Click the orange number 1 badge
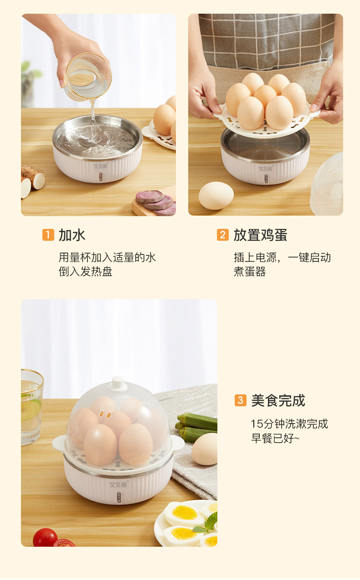coord(48,235)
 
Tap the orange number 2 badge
coord(222,235)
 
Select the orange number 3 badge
coord(241,400)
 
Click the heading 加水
coord(72,235)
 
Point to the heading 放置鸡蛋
coord(260,235)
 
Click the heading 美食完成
coord(278,400)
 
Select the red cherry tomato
coord(45,538)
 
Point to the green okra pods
coord(197,428)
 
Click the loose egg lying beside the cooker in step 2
coord(216,196)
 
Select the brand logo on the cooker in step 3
coord(118,485)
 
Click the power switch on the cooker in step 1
coord(101,177)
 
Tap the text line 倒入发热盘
coord(85,272)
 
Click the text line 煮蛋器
coord(250,272)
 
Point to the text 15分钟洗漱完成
coord(289,424)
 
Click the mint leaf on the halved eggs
coord(207,523)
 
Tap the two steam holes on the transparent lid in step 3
coord(105,414)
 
